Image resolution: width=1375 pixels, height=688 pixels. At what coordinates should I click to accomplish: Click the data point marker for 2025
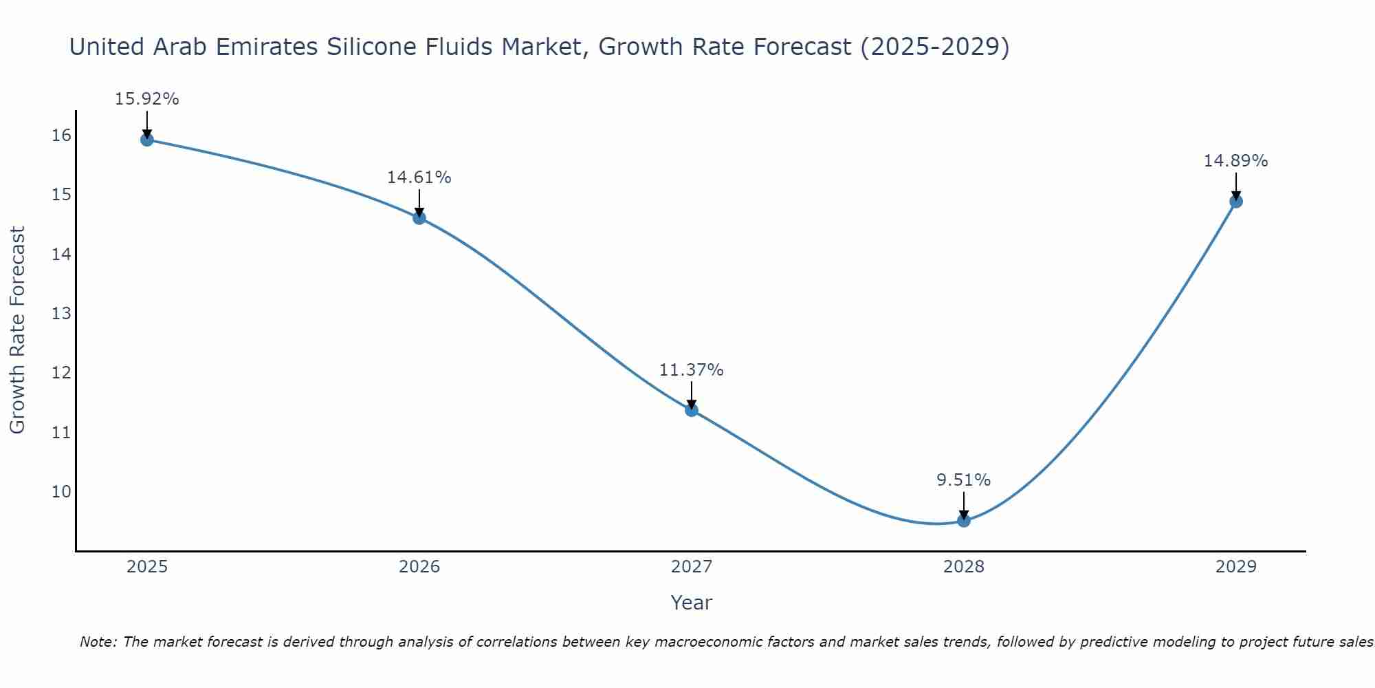tap(146, 140)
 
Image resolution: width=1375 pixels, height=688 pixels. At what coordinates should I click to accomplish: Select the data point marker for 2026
tap(419, 218)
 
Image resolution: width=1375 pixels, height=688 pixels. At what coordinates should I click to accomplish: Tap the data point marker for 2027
tap(692, 410)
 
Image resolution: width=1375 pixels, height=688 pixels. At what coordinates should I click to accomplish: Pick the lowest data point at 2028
tap(964, 521)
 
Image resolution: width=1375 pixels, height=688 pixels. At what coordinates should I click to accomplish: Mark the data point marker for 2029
tap(1236, 202)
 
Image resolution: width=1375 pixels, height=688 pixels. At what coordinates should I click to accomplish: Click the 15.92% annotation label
tap(146, 99)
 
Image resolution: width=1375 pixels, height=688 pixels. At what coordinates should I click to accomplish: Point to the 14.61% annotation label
tap(419, 178)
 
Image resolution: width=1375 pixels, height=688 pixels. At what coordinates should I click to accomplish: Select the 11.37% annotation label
tap(692, 370)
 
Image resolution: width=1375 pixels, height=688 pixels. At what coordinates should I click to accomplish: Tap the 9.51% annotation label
tap(964, 480)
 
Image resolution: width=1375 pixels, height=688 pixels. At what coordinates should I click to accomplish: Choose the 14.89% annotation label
tap(1236, 161)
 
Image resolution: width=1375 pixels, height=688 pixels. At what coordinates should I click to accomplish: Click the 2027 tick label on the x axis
tap(692, 567)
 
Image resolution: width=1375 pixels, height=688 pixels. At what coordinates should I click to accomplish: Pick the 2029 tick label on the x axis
tap(1236, 567)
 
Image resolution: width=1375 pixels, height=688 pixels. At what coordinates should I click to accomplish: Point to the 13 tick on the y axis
tap(61, 314)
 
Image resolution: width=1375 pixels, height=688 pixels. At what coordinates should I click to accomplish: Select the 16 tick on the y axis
tap(61, 136)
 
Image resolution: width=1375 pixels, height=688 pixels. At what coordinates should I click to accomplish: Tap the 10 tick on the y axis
tap(61, 492)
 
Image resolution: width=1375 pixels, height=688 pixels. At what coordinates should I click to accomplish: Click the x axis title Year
tap(692, 603)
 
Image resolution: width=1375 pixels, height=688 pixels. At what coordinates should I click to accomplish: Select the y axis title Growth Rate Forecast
tap(17, 330)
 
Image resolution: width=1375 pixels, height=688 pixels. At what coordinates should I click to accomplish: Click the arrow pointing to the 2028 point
tap(964, 506)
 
